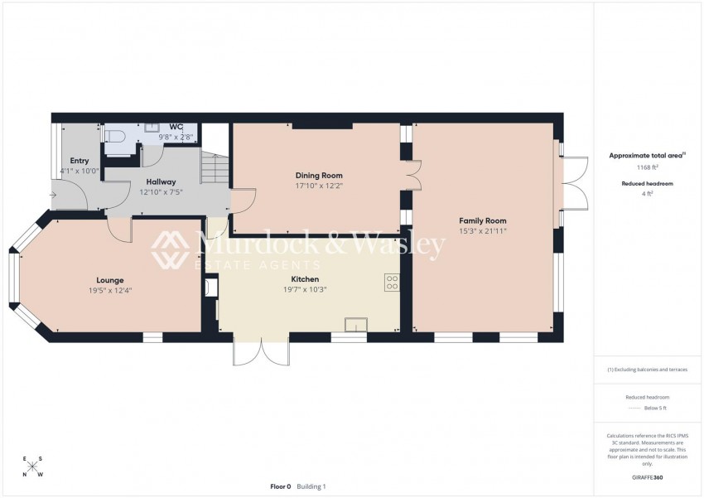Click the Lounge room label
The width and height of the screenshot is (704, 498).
pos(109,280)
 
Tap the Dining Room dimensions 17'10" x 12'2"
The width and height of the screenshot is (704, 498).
pos(319,186)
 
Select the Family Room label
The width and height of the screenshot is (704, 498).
pos(483,220)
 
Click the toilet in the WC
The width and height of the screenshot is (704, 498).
pos(114,138)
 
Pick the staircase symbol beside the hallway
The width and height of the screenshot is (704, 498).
pos(215,169)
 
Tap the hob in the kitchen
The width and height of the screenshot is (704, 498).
pos(392,282)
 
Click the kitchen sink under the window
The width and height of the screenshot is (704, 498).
pos(356,325)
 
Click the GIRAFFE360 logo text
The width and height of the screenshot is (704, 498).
pos(648,477)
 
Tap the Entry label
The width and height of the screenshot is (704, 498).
pos(80,161)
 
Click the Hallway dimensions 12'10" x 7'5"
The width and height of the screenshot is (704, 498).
pos(161,192)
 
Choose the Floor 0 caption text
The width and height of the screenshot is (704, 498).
pos(281,486)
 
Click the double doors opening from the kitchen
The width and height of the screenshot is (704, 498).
pos(261,351)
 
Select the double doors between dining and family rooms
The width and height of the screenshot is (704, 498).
pos(414,175)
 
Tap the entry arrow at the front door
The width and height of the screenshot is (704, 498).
pos(54,196)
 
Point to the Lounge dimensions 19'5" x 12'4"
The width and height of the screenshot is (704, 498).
pos(109,290)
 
